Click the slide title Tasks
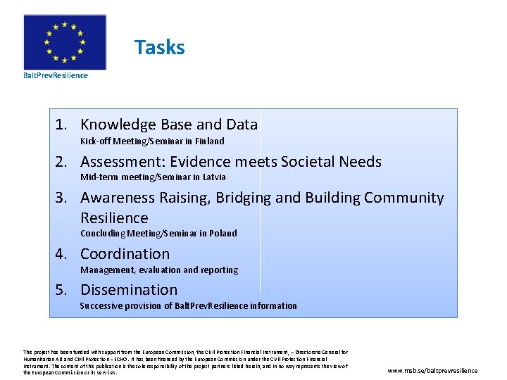(x=159, y=48)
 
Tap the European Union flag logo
(x=65, y=42)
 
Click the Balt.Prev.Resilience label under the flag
(x=56, y=75)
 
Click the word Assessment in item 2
(x=127, y=162)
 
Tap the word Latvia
(x=213, y=177)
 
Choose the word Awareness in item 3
(x=121, y=198)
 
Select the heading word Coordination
(x=125, y=254)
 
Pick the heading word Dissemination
(x=129, y=290)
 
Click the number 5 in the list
(x=61, y=290)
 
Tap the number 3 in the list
(x=61, y=198)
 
